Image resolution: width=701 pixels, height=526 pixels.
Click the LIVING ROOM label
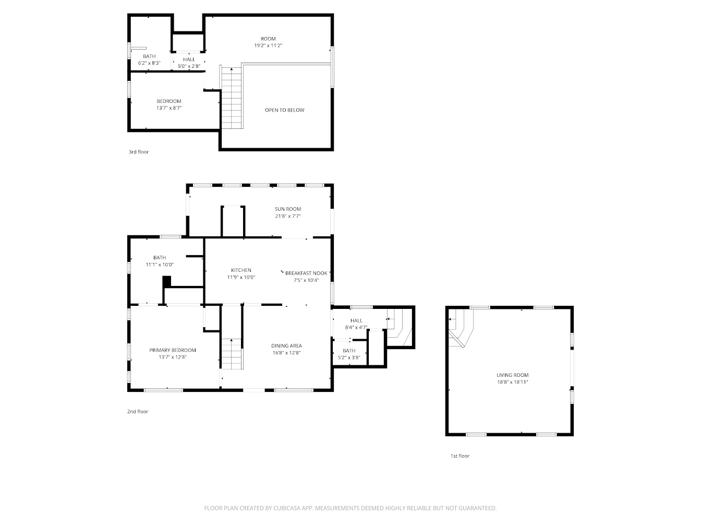pyautogui.click(x=512, y=375)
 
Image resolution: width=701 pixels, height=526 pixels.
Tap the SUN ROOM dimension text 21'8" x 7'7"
pyautogui.click(x=288, y=216)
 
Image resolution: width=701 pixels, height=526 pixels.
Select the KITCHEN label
pyautogui.click(x=241, y=270)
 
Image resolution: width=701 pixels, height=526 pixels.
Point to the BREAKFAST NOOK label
pyautogui.click(x=306, y=273)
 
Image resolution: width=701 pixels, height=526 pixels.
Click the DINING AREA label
pyautogui.click(x=286, y=345)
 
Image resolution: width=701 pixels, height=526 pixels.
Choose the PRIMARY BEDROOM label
pyautogui.click(x=173, y=350)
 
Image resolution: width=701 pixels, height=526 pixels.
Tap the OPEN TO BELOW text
pyautogui.click(x=284, y=110)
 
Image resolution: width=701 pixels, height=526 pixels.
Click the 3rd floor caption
pyautogui.click(x=139, y=152)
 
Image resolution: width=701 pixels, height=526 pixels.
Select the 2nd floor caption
pyautogui.click(x=138, y=412)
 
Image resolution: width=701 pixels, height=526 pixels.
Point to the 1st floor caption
pyautogui.click(x=460, y=456)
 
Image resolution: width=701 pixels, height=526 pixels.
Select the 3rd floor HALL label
pyautogui.click(x=189, y=59)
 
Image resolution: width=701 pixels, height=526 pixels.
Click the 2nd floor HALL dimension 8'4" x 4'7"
pyautogui.click(x=356, y=328)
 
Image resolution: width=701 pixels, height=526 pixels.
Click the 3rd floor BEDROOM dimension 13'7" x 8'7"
pyautogui.click(x=169, y=108)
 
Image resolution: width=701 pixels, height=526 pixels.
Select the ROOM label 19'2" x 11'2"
pyautogui.click(x=268, y=39)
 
